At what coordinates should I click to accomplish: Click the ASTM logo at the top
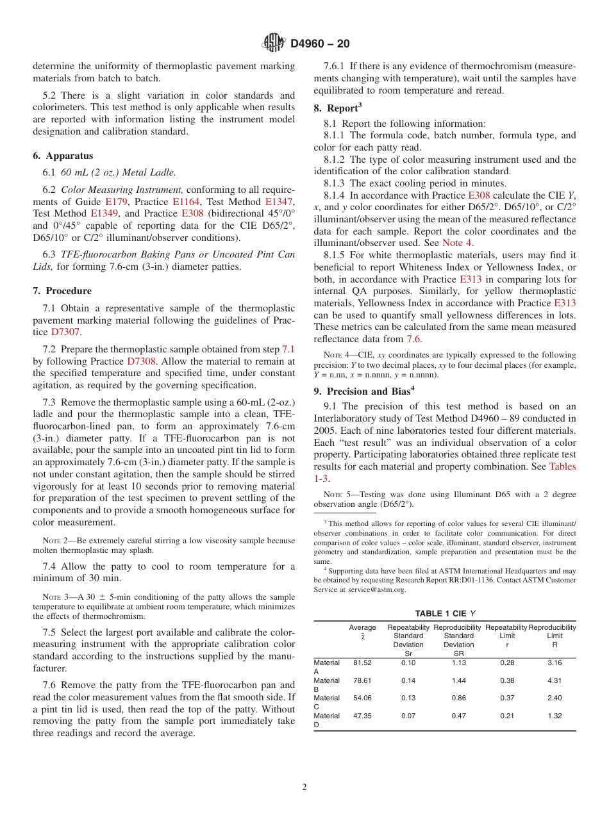click(x=274, y=44)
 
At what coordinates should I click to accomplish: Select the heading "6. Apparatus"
click(x=63, y=156)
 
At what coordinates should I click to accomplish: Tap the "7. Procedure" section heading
click(x=62, y=291)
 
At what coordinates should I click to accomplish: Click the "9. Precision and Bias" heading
click(x=364, y=391)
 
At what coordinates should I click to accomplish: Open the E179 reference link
click(x=115, y=201)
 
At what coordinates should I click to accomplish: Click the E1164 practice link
click(x=185, y=201)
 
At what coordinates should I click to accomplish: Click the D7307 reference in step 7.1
click(x=66, y=332)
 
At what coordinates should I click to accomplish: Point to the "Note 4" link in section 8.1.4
click(x=458, y=243)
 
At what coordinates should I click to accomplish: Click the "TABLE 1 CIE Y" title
click(x=444, y=613)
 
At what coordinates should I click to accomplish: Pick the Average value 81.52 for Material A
click(x=362, y=663)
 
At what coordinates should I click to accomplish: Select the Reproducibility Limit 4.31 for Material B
click(x=555, y=680)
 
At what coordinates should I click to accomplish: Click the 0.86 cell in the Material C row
click(x=458, y=698)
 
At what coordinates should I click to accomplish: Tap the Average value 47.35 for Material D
click(x=362, y=716)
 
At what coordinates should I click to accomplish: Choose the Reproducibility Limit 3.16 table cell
click(x=555, y=663)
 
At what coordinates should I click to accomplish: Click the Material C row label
click(x=327, y=702)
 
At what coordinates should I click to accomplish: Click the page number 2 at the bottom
click(x=304, y=787)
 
